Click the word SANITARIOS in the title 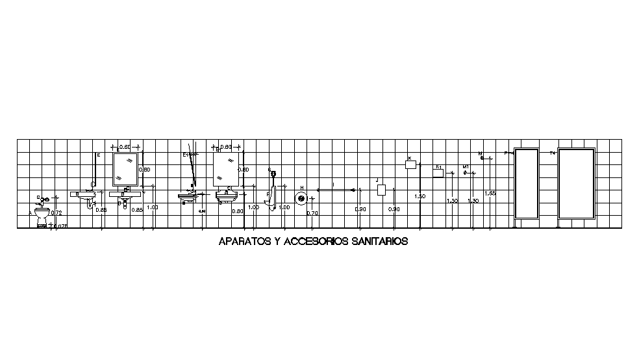pyautogui.click(x=380, y=242)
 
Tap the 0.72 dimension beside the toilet pyautogui.click(x=56, y=213)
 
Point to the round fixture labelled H pyautogui.click(x=301, y=198)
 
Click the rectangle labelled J pyautogui.click(x=382, y=190)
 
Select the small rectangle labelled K pyautogui.click(x=410, y=165)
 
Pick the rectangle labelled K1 pyautogui.click(x=438, y=173)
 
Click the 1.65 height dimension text pyautogui.click(x=490, y=194)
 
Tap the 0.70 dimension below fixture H pyautogui.click(x=312, y=213)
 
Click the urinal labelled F pyautogui.click(x=273, y=199)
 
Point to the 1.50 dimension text pyautogui.click(x=420, y=196)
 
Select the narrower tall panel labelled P pyautogui.click(x=526, y=184)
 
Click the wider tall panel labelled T pyautogui.click(x=577, y=184)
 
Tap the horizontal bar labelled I pyautogui.click(x=335, y=190)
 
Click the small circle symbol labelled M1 pyautogui.click(x=466, y=173)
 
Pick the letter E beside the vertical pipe pyautogui.click(x=98, y=155)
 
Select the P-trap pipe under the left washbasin pyautogui.click(x=90, y=203)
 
